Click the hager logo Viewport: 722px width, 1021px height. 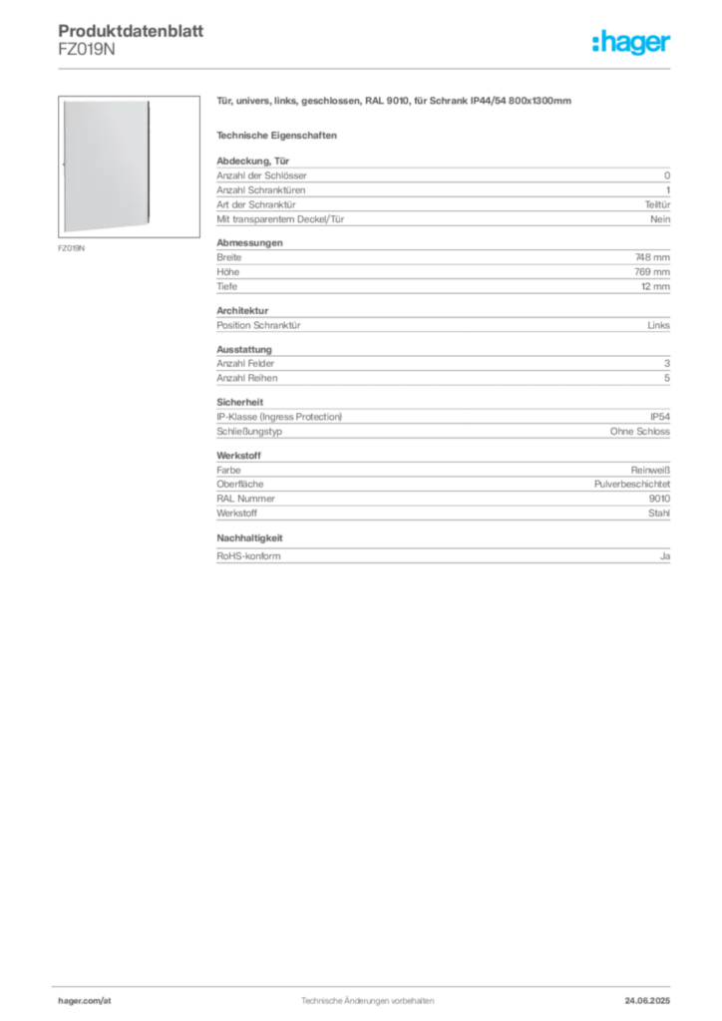(x=631, y=42)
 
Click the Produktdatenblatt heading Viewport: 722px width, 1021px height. (x=131, y=31)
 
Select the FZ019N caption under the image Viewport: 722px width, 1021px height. (x=72, y=248)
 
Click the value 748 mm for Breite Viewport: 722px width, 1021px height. (x=652, y=257)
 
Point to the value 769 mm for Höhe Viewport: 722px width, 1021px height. (x=652, y=271)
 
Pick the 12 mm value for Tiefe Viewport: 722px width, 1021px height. (x=655, y=286)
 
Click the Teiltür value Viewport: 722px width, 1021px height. (x=657, y=204)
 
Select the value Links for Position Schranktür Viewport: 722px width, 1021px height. (x=659, y=325)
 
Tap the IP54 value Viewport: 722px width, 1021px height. (x=660, y=416)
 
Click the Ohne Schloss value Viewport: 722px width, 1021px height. (x=640, y=431)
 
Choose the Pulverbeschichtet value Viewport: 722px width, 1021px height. (x=632, y=484)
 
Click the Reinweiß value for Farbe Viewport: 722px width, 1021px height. (x=650, y=470)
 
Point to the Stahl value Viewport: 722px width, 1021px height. (x=659, y=513)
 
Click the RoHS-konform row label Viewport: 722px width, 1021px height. (x=248, y=556)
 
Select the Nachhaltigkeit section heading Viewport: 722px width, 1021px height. (x=249, y=537)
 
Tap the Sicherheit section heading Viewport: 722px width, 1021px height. (x=240, y=402)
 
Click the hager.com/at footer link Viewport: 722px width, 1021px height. (x=85, y=1001)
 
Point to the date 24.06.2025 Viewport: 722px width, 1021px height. (x=647, y=1001)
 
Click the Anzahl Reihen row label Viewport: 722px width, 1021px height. (x=247, y=378)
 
